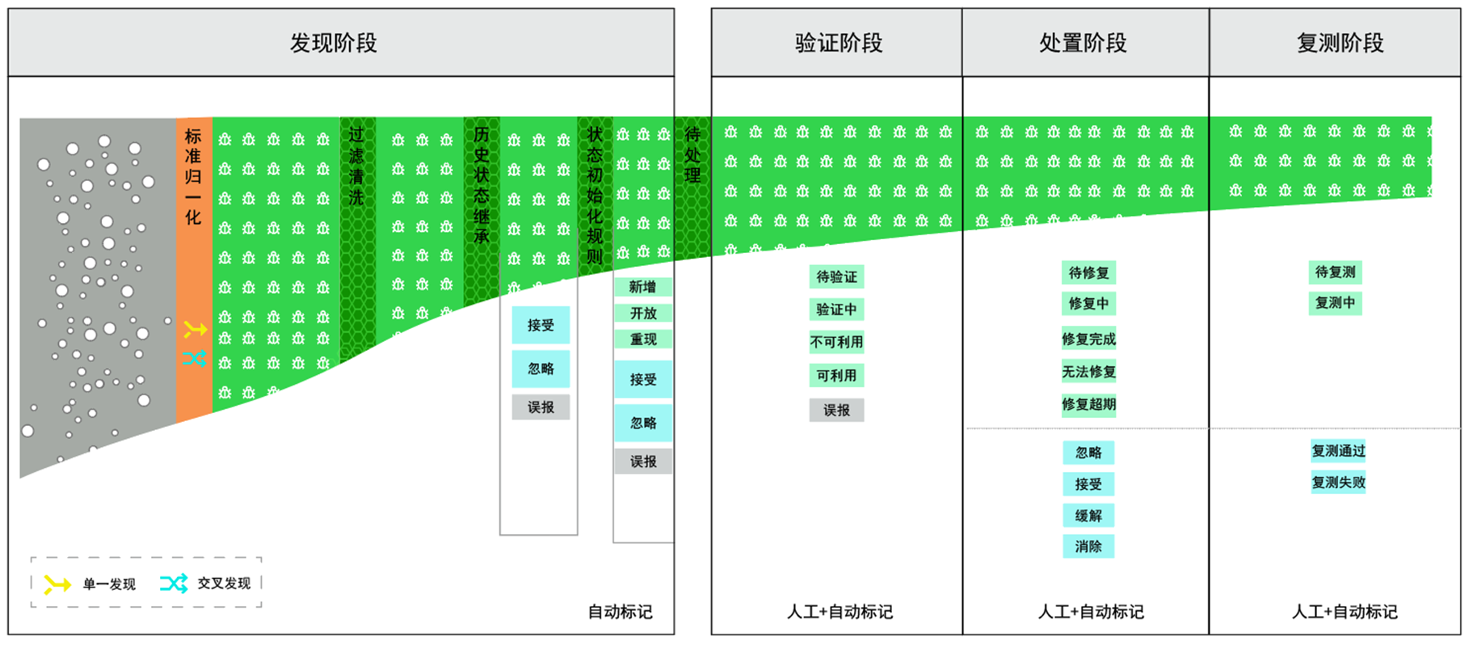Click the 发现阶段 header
pyautogui.click(x=333, y=43)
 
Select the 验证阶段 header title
pyautogui.click(x=838, y=43)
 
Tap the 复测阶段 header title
pyautogui.click(x=1340, y=43)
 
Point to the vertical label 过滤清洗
pyautogui.click(x=356, y=166)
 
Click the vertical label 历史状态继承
pyautogui.click(x=482, y=185)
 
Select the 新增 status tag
pyautogui.click(x=642, y=287)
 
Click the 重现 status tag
pyautogui.click(x=643, y=339)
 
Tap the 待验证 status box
pyautogui.click(x=836, y=276)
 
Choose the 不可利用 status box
pyautogui.click(x=836, y=342)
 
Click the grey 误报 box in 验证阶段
pyautogui.click(x=836, y=411)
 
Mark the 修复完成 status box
pyautogui.click(x=1088, y=339)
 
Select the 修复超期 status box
pyautogui.click(x=1088, y=404)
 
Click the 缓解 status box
pyautogui.click(x=1088, y=516)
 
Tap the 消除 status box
pyautogui.click(x=1088, y=546)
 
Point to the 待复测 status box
pyautogui.click(x=1335, y=272)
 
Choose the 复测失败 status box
pyautogui.click(x=1338, y=483)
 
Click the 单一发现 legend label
pyautogui.click(x=109, y=584)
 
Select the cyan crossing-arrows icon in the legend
pyautogui.click(x=174, y=583)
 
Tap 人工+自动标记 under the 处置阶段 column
pyautogui.click(x=1091, y=612)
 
